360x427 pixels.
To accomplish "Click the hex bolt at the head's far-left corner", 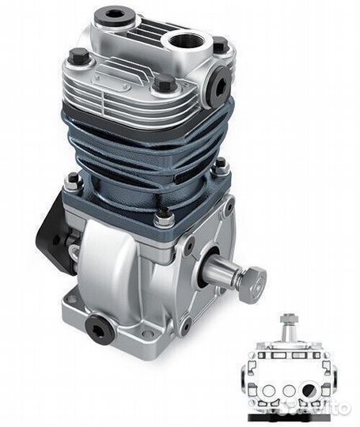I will [78, 56].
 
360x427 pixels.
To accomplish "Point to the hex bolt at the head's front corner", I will [164, 83].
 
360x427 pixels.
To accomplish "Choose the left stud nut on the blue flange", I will [74, 183].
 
